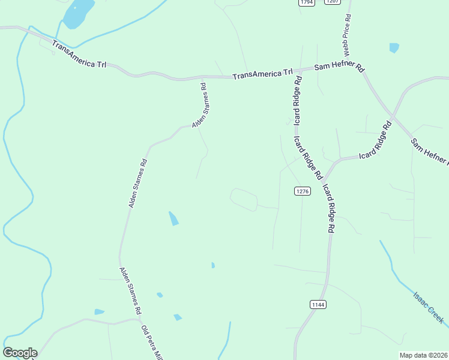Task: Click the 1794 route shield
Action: click(307, 2)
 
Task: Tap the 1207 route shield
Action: click(333, 2)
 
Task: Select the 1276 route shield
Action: click(303, 191)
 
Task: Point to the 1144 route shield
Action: click(318, 305)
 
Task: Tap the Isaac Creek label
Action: click(428, 308)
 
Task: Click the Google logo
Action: click(20, 353)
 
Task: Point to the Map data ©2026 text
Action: click(424, 355)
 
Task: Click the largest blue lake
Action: click(79, 13)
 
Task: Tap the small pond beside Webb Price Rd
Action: click(394, 48)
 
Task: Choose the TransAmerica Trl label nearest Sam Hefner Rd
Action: click(262, 74)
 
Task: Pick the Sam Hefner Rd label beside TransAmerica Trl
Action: click(339, 67)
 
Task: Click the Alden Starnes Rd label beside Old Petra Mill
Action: click(130, 291)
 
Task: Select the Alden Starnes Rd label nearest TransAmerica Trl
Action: click(200, 105)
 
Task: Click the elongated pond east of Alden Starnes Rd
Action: click(173, 218)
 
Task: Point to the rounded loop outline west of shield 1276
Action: click(244, 199)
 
